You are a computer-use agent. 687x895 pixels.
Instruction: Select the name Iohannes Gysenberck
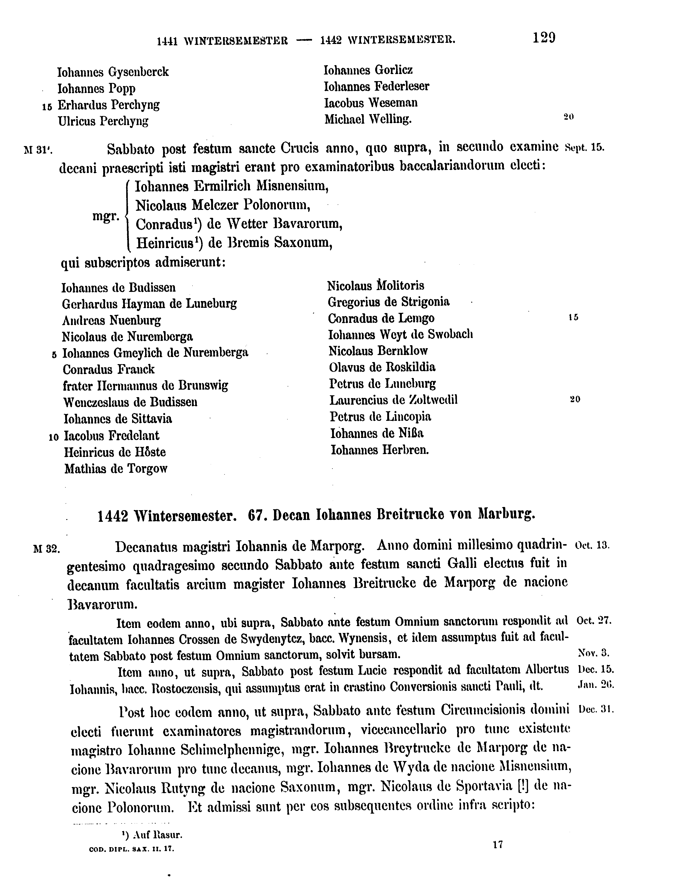tap(113, 72)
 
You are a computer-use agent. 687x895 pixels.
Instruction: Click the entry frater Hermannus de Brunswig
tap(145, 386)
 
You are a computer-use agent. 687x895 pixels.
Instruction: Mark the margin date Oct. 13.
tap(592, 545)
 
